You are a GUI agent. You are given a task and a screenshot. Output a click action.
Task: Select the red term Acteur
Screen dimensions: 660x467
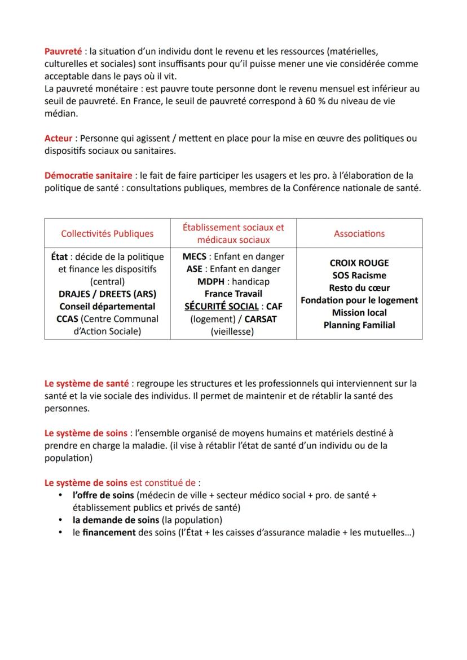59,139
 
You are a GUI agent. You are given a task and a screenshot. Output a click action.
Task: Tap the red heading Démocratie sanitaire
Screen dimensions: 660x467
89,176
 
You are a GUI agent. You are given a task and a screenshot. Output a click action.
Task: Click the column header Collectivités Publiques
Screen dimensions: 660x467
107,233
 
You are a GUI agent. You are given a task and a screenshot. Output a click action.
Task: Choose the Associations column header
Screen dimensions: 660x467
359,233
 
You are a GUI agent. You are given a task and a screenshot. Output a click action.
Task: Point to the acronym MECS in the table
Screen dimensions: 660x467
194,256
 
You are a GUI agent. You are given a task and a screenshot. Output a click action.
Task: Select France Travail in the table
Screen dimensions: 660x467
233,294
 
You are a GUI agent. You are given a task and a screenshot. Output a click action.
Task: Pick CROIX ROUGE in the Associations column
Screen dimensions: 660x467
359,263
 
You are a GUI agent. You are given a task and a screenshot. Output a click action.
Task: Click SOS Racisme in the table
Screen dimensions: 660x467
359,276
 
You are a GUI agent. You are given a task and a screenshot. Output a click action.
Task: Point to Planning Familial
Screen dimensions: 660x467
359,325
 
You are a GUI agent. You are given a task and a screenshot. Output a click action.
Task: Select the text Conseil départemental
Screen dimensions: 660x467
107,307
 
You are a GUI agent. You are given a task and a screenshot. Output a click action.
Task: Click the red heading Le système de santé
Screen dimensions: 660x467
87,383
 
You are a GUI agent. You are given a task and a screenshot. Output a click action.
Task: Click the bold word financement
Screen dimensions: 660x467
109,532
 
